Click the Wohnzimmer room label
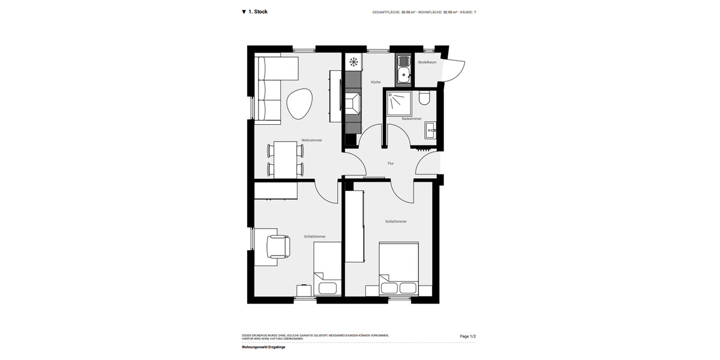pos(311,140)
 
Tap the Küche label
pos(376,82)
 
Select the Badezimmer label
pos(412,119)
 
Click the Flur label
pos(391,163)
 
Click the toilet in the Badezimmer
pos(425,97)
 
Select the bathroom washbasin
pos(430,130)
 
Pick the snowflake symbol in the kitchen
pos(353,61)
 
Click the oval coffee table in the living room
pos(300,104)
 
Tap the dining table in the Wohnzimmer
pos(286,159)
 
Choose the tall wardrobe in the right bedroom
pos(355,226)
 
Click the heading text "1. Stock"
pos(258,12)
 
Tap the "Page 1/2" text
pos(467,337)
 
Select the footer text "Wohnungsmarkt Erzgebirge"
pos(263,347)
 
